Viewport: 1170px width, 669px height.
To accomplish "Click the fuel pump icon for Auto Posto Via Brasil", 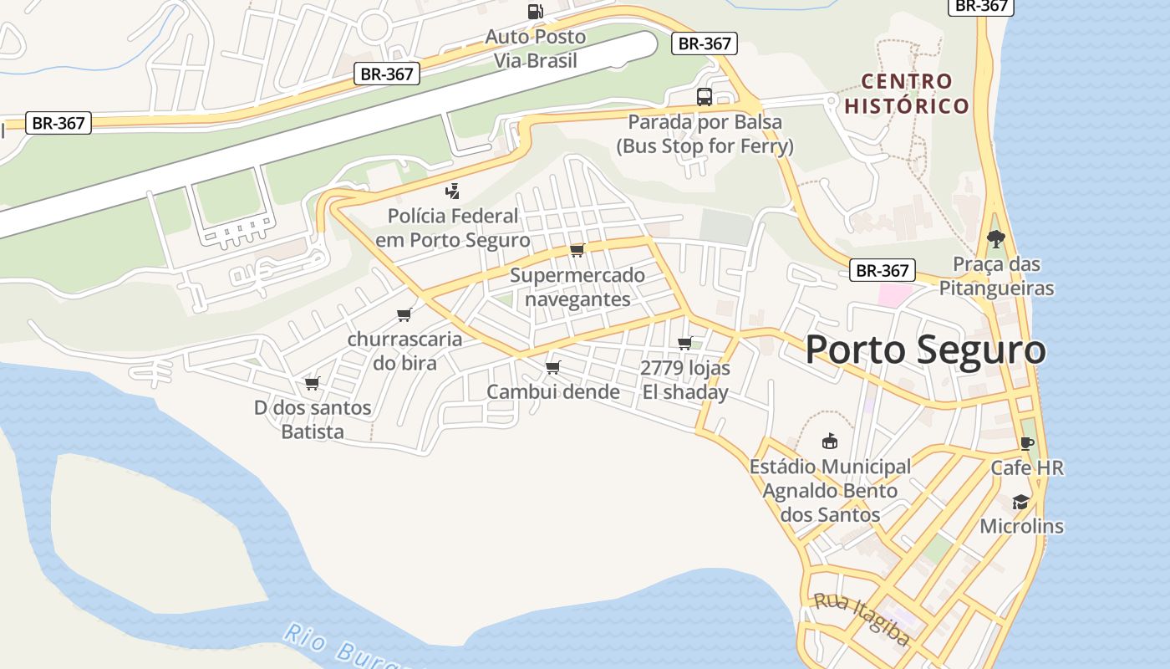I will pyautogui.click(x=536, y=12).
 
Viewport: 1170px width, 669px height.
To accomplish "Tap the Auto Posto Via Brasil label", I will pyautogui.click(x=536, y=49).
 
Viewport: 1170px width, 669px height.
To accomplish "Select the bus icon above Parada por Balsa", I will pyautogui.click(x=705, y=97).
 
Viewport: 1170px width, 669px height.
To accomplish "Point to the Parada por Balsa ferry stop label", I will pyautogui.click(x=705, y=134).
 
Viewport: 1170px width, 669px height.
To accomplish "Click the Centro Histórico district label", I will pyautogui.click(x=907, y=94).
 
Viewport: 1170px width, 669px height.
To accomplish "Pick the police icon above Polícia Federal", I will pyautogui.click(x=452, y=191).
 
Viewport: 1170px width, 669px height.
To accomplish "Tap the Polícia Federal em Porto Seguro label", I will pyautogui.click(x=452, y=228).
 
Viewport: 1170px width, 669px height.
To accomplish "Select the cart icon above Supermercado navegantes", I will pyautogui.click(x=577, y=250).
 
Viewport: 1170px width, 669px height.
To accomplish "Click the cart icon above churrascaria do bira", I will pyautogui.click(x=404, y=314).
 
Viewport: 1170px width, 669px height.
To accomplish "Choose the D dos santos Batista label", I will pyautogui.click(x=313, y=420).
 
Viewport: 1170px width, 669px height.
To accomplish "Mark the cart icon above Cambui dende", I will pyautogui.click(x=552, y=367).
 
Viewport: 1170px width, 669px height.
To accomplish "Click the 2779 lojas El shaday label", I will pyautogui.click(x=685, y=380).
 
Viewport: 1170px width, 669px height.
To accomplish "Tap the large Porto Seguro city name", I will pyautogui.click(x=925, y=350).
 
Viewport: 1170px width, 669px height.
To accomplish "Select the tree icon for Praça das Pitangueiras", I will pyautogui.click(x=995, y=239).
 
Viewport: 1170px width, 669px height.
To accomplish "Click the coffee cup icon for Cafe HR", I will pyautogui.click(x=1027, y=443).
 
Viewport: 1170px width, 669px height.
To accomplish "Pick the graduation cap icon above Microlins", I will pyautogui.click(x=1021, y=502).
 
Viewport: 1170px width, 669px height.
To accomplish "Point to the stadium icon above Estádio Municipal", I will pyautogui.click(x=830, y=441).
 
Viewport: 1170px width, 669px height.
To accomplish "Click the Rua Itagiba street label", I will pyautogui.click(x=861, y=619).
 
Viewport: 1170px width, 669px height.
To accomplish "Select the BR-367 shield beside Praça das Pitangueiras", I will pyautogui.click(x=883, y=271).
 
